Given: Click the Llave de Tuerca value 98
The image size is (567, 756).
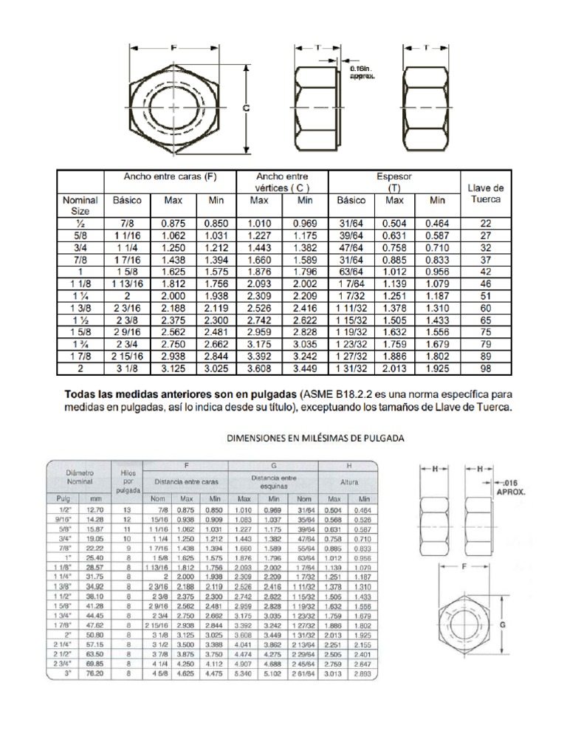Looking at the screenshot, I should point(486,368).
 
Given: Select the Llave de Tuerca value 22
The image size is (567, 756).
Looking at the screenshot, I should point(486,222).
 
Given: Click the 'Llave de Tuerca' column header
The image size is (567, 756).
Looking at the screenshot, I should point(486,194).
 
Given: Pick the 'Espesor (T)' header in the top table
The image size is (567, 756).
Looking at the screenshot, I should point(394,182).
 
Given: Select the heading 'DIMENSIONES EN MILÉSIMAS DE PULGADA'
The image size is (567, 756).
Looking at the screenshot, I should point(314,438).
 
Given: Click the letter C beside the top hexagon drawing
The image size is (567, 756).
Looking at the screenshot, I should point(247,108).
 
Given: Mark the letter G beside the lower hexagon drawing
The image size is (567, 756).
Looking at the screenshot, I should point(503,623).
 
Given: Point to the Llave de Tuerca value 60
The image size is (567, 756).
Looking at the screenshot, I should point(486,307).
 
